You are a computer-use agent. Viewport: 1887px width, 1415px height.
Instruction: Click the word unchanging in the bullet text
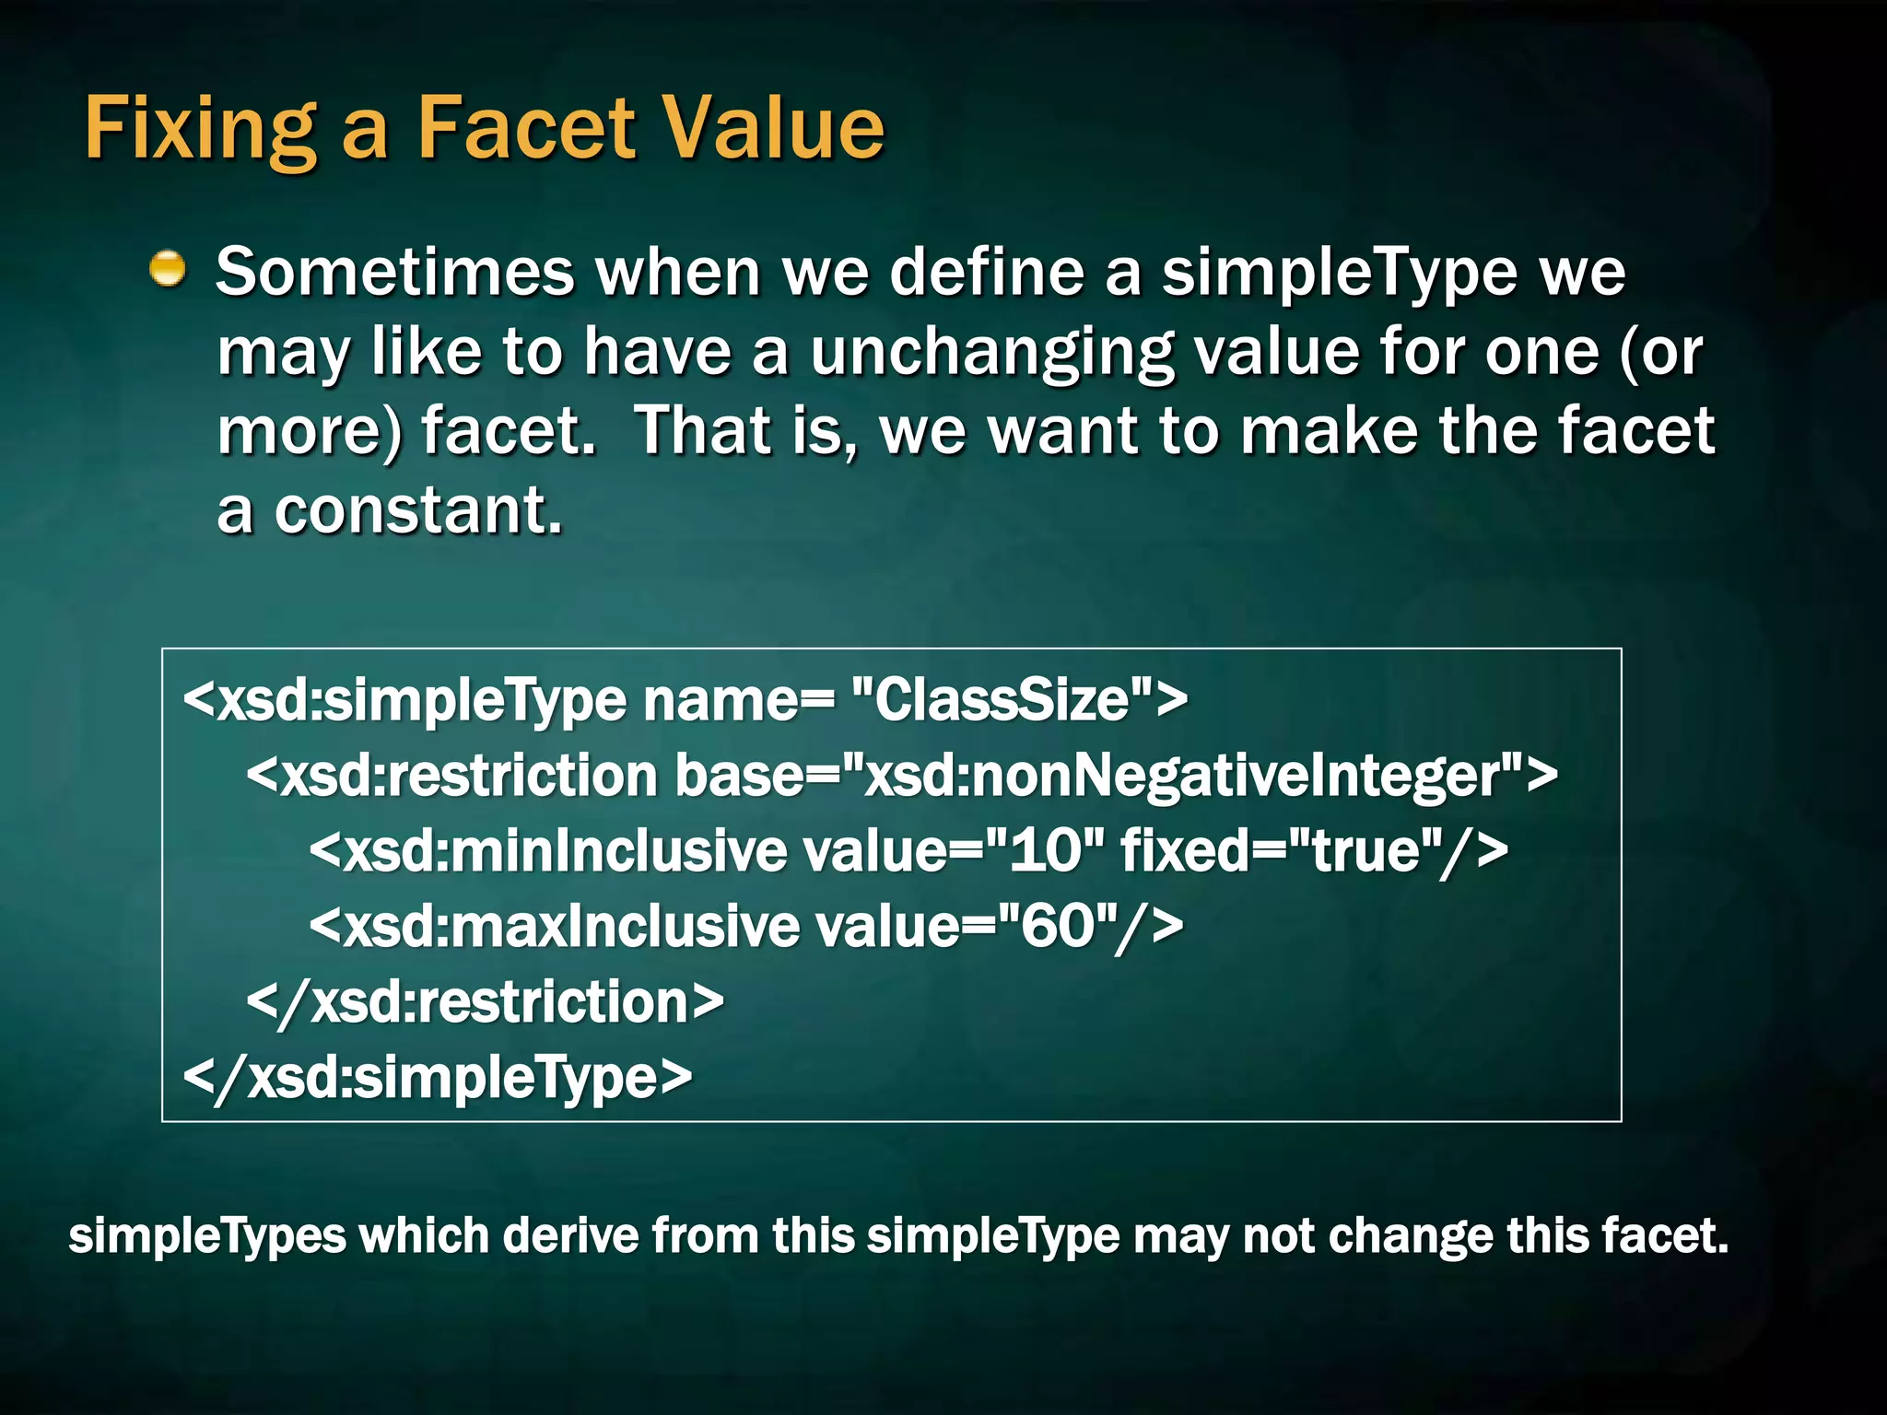click(x=991, y=353)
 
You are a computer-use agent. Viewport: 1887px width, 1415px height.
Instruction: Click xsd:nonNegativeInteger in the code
click(x=1190, y=776)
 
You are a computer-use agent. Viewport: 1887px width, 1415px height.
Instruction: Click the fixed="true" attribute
click(x=1282, y=850)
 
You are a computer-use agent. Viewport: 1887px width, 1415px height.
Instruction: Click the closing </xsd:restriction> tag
click(x=486, y=1001)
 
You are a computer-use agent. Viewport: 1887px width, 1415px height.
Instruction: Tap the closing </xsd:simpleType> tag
click(x=438, y=1077)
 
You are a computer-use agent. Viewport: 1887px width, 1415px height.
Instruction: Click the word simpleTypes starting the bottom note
click(x=207, y=1235)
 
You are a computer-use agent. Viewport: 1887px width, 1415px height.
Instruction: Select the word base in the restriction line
click(x=739, y=776)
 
